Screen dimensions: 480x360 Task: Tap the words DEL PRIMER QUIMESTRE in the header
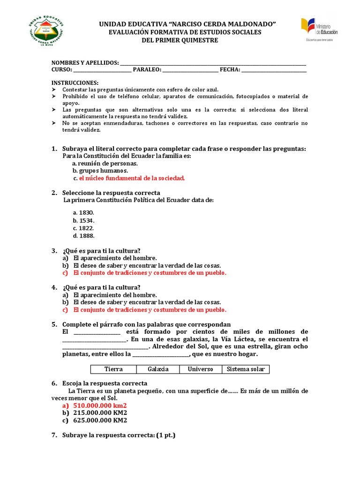180,40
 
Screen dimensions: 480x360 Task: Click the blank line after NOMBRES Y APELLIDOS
213,63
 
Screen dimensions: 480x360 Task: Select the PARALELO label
147,70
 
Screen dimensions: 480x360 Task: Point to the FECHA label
230,70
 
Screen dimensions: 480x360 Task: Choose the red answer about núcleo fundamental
132,178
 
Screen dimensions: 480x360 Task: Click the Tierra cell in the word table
113,369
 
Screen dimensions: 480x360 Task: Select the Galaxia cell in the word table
158,369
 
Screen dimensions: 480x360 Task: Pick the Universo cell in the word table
200,369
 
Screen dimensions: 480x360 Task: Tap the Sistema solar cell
246,369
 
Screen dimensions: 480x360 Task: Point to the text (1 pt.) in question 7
165,435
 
